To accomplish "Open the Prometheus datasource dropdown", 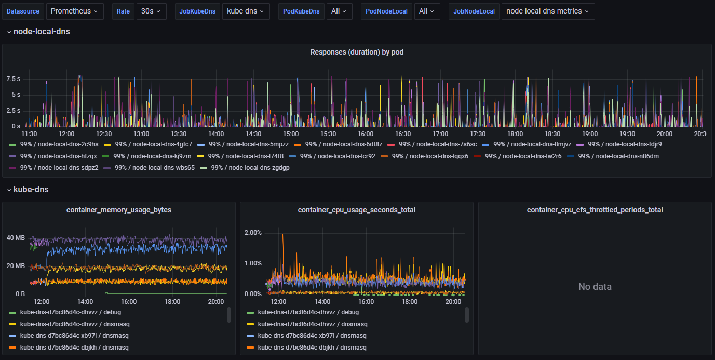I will click(74, 11).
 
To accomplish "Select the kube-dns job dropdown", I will click(246, 11).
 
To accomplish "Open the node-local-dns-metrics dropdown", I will click(548, 11).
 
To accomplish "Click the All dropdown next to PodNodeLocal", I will click(427, 11).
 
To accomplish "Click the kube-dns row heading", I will click(31, 190).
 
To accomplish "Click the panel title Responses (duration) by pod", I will click(357, 52).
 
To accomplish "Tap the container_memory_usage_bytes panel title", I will click(119, 210).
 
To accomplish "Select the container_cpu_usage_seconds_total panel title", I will click(357, 210).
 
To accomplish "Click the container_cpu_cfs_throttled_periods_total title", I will click(595, 210).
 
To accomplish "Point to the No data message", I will click(595, 287).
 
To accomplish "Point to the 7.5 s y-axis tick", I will click(14, 79).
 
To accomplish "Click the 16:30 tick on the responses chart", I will click(403, 134).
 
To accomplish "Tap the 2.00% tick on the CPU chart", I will click(253, 232).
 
